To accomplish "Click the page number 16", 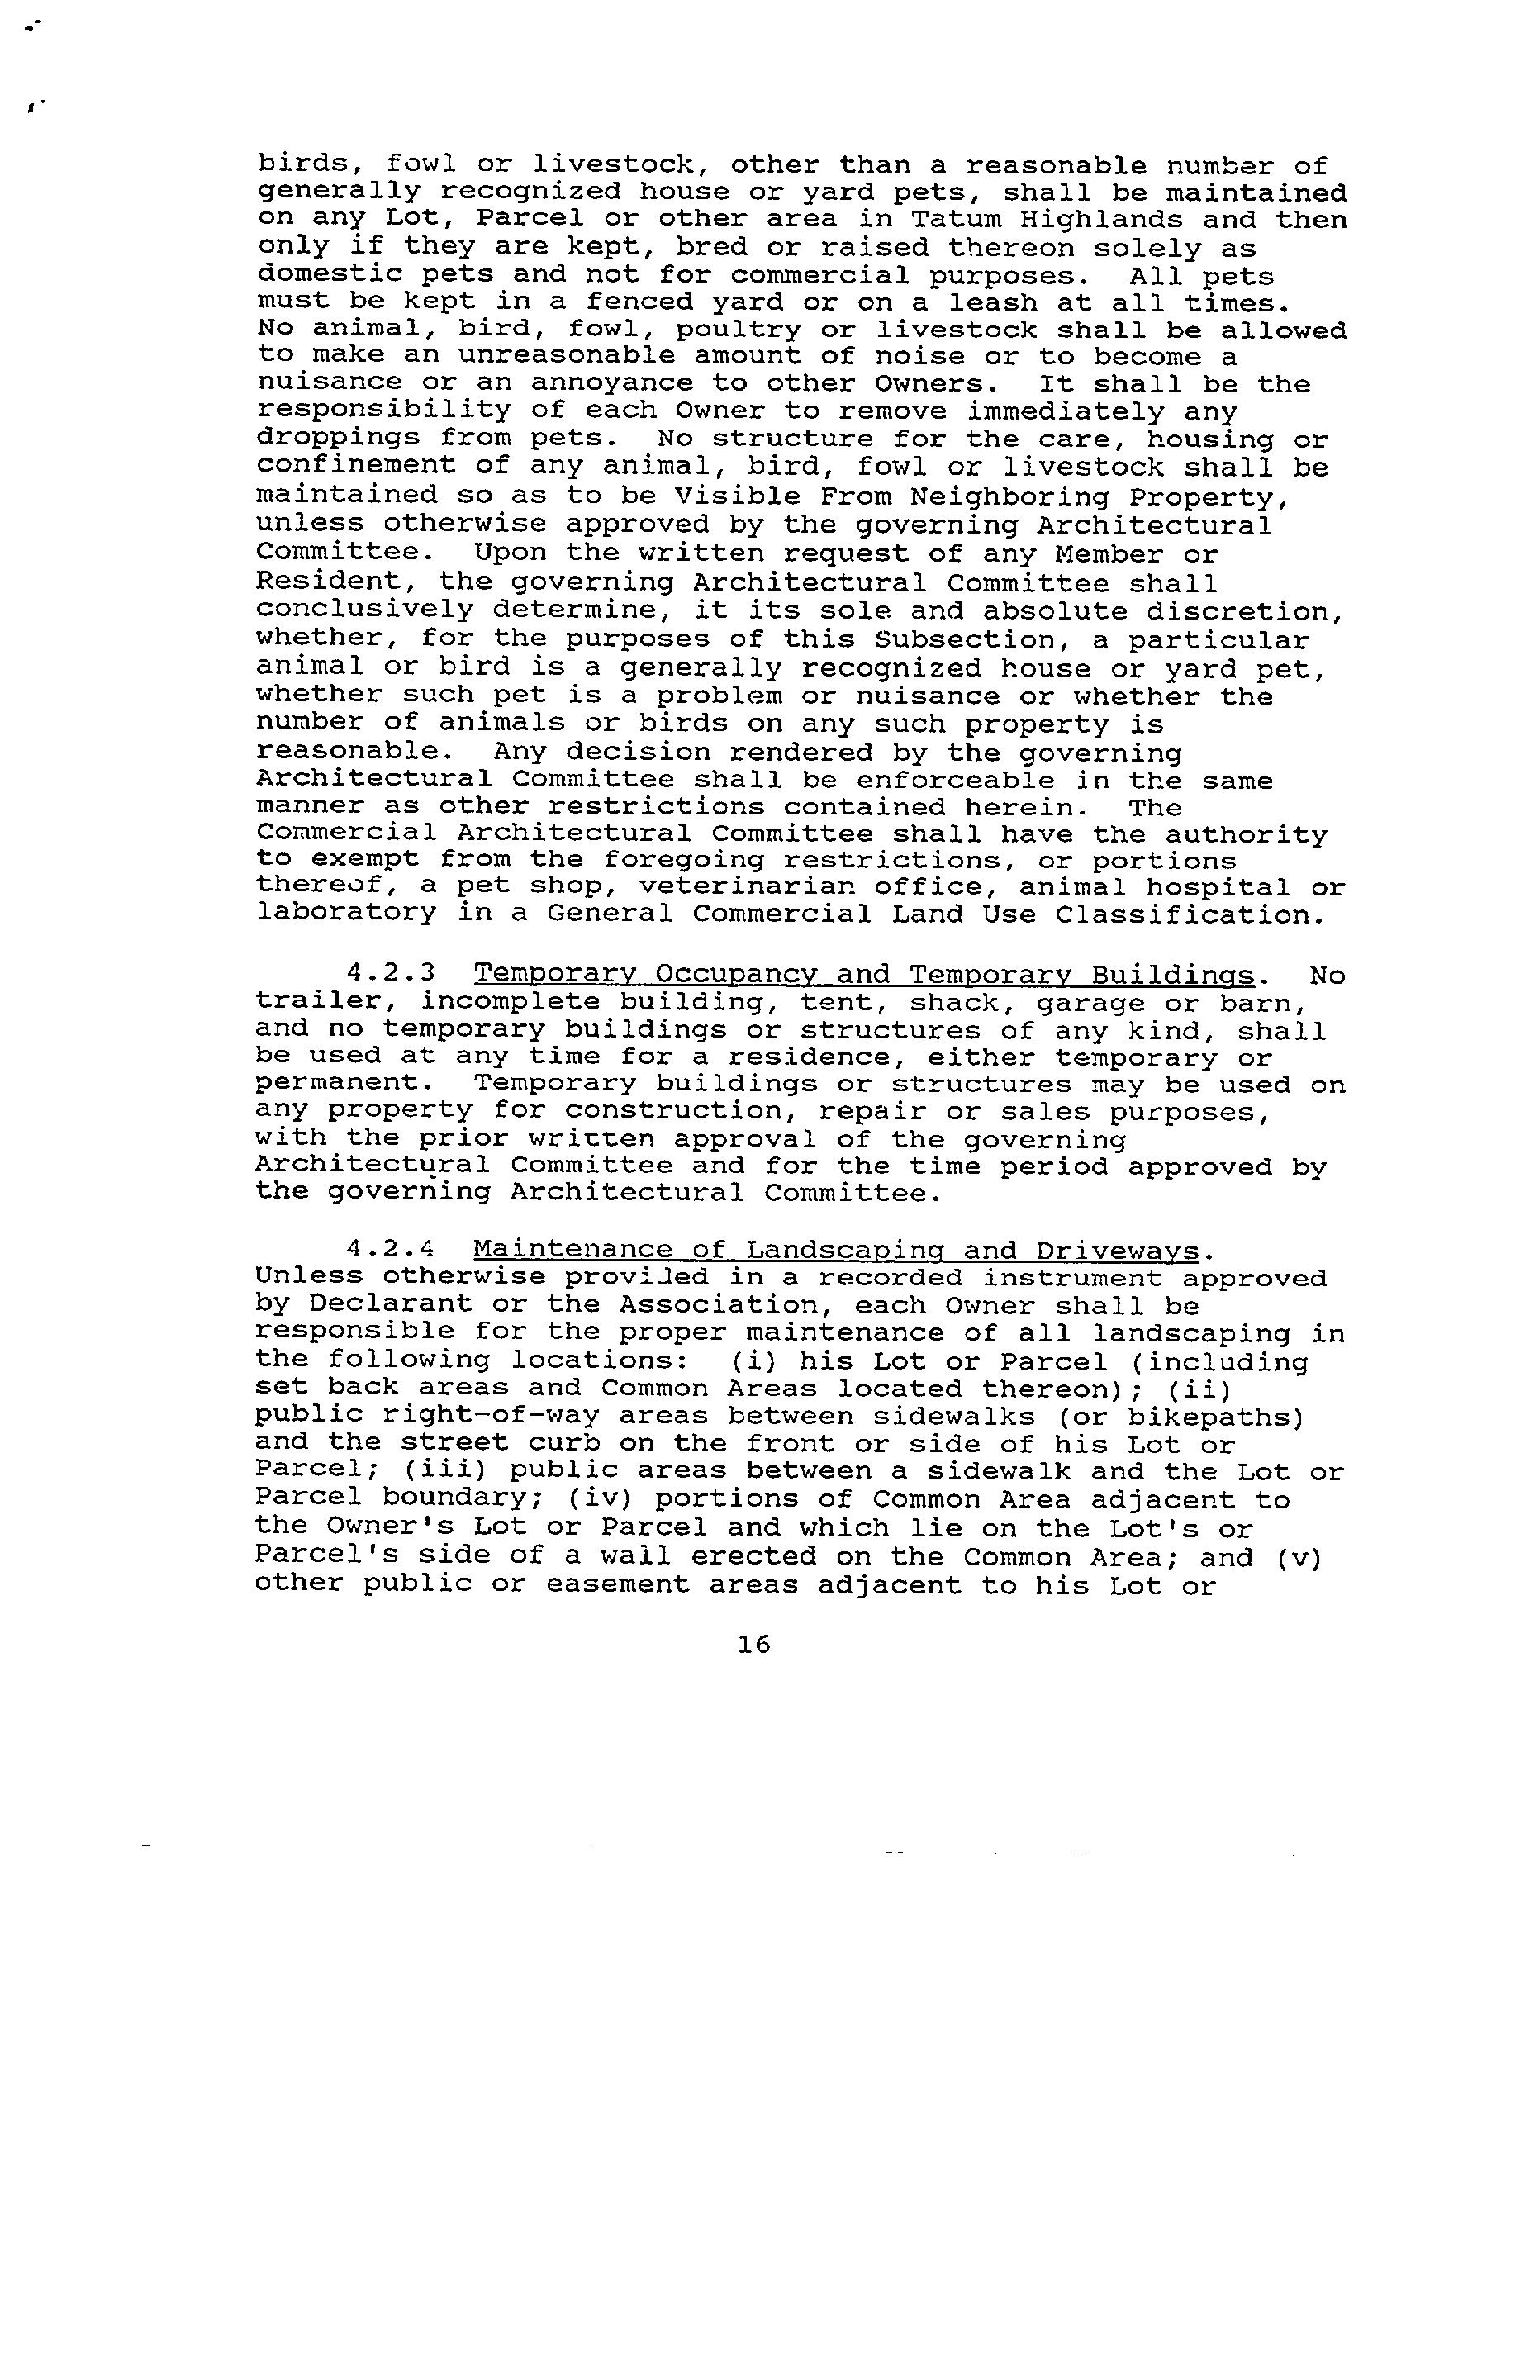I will pyautogui.click(x=753, y=1645).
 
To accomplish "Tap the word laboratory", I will pyautogui.click(x=346, y=915).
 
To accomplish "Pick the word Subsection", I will pyautogui.click(x=957, y=641).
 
